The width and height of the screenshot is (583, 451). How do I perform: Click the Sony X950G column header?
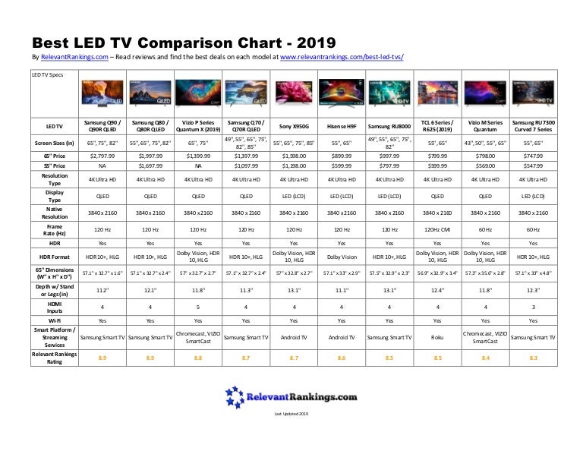294,126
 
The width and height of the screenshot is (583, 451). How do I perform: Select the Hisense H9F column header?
342,126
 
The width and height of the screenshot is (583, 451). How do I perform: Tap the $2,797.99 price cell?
102,155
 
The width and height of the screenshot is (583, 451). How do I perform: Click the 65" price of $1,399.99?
198,155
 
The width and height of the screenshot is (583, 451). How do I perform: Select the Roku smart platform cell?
436,336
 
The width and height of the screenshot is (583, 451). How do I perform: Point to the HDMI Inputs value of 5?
198,307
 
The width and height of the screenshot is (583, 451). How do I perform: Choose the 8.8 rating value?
198,355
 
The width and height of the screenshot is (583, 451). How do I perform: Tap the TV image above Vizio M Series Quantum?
484,94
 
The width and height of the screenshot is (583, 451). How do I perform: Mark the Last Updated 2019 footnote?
291,414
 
